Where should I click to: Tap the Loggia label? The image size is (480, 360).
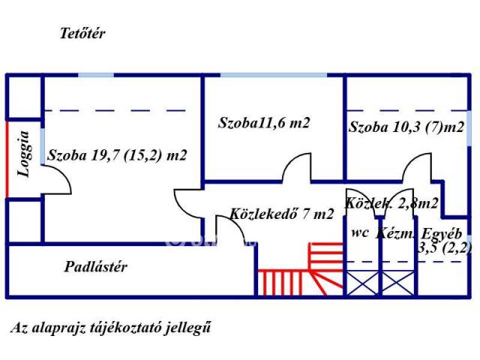point(25,154)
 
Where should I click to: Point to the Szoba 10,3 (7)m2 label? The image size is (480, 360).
point(406,127)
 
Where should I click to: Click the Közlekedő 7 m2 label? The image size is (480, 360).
point(282,214)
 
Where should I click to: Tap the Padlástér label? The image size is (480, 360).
point(95,266)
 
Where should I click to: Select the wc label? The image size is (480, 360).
point(359,232)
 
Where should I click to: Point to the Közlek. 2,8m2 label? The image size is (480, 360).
point(391,202)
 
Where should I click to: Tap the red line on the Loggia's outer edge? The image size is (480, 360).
point(7,158)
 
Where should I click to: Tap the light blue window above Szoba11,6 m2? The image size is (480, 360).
point(274,74)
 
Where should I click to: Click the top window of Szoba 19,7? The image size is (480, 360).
point(95,74)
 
